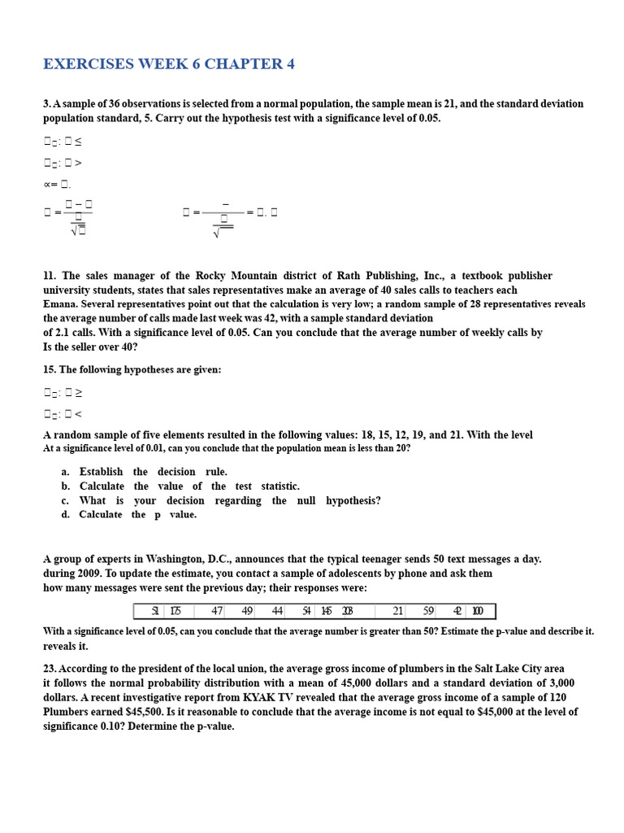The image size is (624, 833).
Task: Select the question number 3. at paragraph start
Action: click(x=47, y=104)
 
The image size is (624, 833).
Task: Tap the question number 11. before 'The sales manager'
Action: click(x=50, y=277)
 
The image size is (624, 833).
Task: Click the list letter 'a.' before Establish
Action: click(x=65, y=472)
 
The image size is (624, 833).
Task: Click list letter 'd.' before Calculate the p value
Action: click(x=65, y=515)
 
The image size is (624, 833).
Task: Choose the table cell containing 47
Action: click(x=217, y=611)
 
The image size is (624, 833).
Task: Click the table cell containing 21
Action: click(x=398, y=611)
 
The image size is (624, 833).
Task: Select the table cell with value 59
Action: click(x=428, y=611)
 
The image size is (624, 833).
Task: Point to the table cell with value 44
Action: click(x=278, y=611)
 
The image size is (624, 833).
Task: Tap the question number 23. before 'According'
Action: click(x=50, y=669)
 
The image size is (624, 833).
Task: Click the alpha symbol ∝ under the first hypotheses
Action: click(x=46, y=184)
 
